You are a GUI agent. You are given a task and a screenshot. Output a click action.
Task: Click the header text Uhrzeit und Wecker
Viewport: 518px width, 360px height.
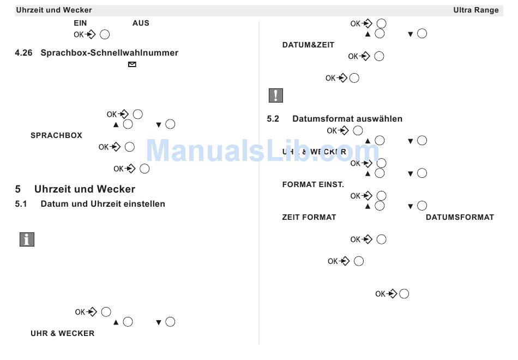pos(54,10)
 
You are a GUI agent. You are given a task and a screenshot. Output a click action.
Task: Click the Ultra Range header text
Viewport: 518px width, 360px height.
pos(475,10)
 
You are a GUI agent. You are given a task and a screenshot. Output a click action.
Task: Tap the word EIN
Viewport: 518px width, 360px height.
pos(80,23)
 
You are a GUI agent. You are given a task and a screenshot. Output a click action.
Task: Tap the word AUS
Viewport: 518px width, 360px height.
pos(141,23)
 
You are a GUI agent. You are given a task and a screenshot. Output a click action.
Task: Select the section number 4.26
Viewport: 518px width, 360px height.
pos(24,53)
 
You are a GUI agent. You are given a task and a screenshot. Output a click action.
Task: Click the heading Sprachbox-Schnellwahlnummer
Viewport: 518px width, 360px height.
pos(109,53)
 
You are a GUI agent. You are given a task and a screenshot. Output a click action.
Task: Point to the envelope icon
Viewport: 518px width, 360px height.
pos(131,64)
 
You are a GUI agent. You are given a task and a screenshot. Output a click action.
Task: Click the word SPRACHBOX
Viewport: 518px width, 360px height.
pos(56,135)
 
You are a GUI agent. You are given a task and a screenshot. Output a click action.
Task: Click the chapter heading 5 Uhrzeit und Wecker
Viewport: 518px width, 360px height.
pos(75,189)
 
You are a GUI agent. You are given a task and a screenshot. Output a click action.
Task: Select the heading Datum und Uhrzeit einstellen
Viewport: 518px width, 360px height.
pos(103,204)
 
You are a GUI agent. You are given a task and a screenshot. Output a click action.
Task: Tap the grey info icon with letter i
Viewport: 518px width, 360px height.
pos(27,239)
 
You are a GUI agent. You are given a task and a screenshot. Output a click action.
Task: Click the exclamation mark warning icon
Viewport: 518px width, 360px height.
pos(275,95)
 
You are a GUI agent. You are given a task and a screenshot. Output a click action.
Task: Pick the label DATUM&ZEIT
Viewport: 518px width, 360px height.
pos(308,45)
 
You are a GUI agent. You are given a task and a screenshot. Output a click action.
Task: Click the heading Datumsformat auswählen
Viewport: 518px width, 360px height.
pos(347,118)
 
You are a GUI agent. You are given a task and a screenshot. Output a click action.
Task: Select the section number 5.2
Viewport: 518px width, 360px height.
pos(273,118)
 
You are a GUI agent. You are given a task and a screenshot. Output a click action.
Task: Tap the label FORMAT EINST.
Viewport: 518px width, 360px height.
pos(313,184)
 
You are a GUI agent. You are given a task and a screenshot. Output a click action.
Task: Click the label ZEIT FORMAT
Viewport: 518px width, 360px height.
pos(309,217)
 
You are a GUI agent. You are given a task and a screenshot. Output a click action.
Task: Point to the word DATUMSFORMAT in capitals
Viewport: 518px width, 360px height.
pos(460,217)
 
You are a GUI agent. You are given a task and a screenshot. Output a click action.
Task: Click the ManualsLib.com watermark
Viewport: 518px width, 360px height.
pos(262,150)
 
